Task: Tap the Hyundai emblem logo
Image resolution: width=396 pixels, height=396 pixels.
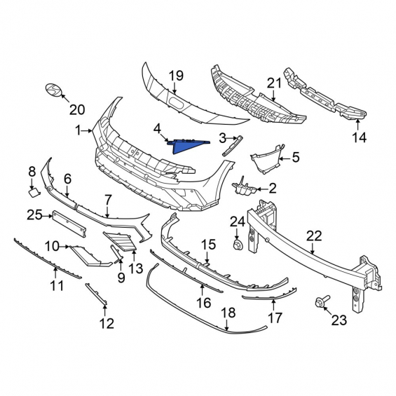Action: tap(54, 90)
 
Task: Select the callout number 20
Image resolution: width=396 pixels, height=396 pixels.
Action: tap(77, 109)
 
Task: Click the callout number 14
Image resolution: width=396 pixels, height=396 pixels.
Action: tap(359, 137)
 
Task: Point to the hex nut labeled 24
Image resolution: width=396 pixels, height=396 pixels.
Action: tap(238, 245)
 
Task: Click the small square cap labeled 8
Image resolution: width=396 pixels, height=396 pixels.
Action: tap(34, 193)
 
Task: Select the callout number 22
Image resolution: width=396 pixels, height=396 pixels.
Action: tap(314, 236)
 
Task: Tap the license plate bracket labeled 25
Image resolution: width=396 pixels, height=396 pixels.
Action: tap(69, 224)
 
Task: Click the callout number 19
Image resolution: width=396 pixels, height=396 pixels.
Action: tap(176, 76)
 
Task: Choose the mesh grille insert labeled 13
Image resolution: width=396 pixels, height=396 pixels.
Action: tap(121, 241)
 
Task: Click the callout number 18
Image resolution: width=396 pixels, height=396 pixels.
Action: tap(228, 313)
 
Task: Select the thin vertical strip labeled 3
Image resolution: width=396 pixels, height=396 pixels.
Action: tap(232, 146)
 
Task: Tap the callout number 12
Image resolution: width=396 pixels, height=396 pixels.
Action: tap(107, 323)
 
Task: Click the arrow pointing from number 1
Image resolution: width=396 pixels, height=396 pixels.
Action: tap(87, 130)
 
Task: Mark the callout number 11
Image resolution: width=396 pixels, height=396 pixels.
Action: tap(57, 286)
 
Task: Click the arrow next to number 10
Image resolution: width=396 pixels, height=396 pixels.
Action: tap(64, 246)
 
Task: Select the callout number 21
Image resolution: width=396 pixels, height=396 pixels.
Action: tap(274, 83)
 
